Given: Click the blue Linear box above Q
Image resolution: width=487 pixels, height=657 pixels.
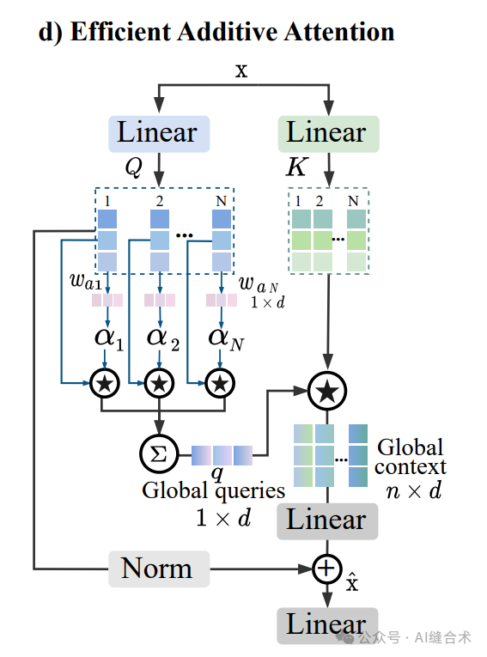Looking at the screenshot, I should point(158,134).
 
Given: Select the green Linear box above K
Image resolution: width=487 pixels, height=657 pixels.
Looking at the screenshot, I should point(326,134).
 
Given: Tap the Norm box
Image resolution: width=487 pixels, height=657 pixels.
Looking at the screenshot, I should point(158,569).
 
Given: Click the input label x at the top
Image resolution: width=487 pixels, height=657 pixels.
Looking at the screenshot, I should point(241,70).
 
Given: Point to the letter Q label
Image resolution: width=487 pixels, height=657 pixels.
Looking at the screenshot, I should point(132,167).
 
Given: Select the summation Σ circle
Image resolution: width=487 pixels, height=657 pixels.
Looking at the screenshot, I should point(158,453).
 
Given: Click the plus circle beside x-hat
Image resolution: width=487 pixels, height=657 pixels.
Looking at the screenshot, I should point(326,569).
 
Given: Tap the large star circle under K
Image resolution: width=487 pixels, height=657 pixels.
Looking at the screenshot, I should point(326,391).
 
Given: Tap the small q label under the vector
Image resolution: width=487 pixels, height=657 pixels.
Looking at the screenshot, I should point(218,473).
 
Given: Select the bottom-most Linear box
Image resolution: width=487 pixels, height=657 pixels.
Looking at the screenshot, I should point(326,624).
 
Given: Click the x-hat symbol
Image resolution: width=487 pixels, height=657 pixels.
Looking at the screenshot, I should point(352,585).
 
